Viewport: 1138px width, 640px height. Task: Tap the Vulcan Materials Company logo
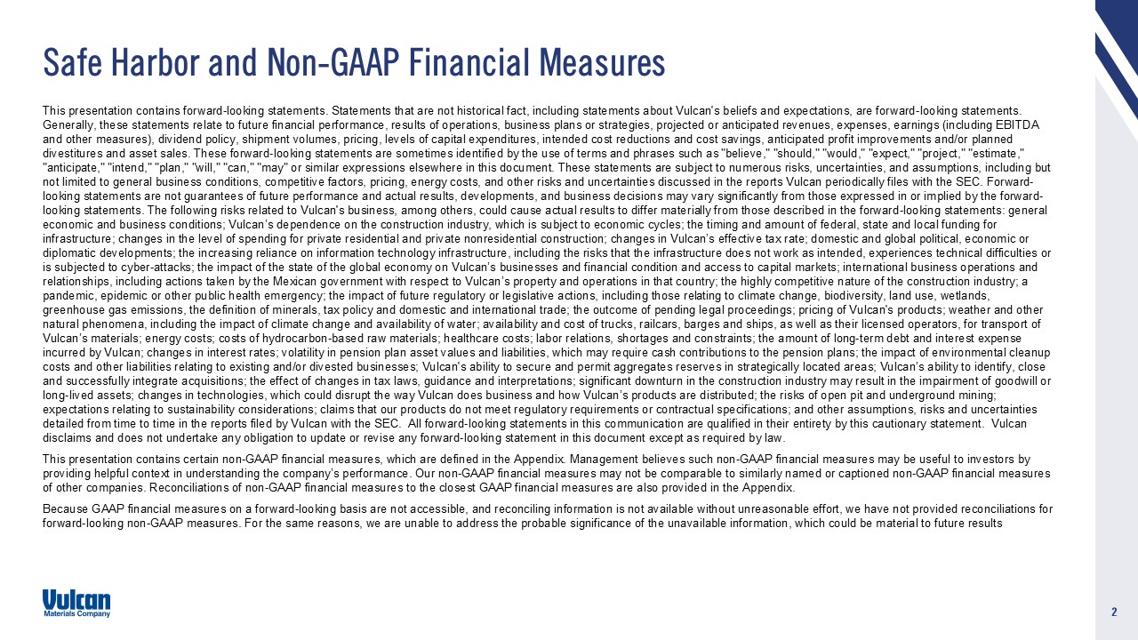pos(76,603)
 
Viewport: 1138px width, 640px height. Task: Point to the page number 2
pos(1113,612)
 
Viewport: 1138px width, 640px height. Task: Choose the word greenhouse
pos(74,309)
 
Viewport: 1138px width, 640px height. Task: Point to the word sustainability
pos(202,409)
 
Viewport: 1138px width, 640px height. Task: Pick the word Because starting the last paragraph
pos(67,509)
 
